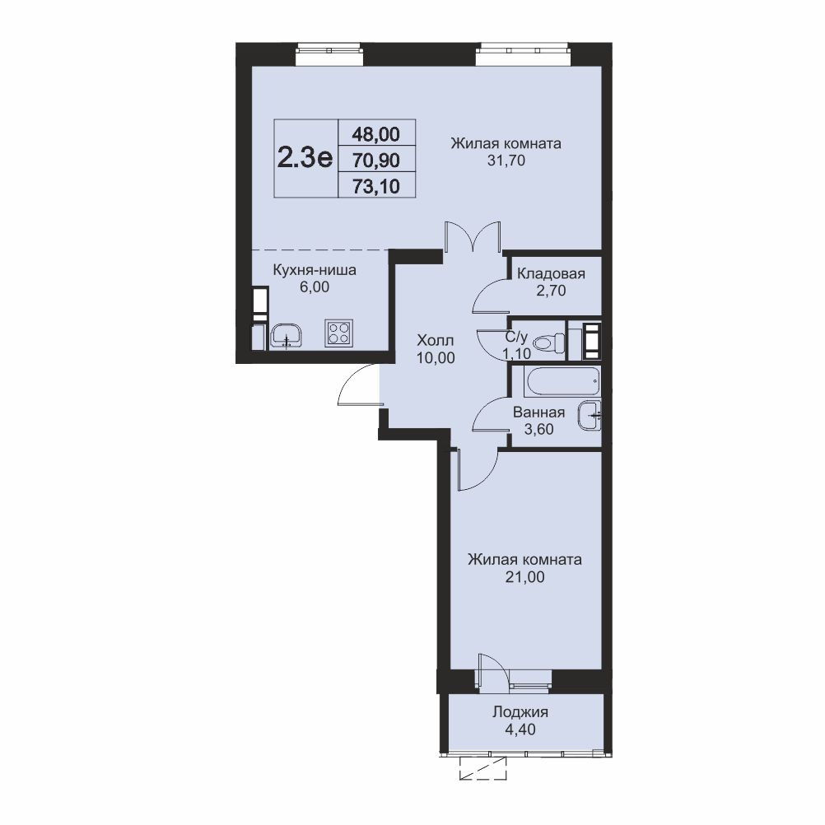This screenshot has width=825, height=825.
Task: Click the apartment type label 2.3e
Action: click(305, 157)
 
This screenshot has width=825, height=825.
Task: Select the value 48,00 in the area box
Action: click(375, 135)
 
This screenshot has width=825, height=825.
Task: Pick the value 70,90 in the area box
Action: click(376, 160)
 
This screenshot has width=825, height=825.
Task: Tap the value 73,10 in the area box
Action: click(376, 186)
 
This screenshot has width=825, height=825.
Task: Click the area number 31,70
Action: click(506, 161)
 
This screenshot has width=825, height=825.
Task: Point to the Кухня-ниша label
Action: click(315, 270)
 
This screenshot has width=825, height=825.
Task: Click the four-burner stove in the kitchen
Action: click(339, 333)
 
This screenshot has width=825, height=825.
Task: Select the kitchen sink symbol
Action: click(287, 336)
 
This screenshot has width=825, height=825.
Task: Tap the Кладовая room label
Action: click(551, 273)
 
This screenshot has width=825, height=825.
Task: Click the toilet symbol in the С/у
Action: click(548, 343)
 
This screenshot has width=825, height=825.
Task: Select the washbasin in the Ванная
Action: click(590, 416)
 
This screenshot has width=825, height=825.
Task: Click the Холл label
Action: click(435, 340)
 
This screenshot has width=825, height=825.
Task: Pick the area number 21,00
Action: click(525, 577)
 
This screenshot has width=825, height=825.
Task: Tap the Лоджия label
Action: click(520, 713)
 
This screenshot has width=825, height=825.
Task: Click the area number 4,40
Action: click(520, 729)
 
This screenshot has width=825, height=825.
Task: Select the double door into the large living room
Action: click(472, 237)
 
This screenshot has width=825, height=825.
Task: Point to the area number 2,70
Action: click(551, 291)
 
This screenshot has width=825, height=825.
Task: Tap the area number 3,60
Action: click(539, 429)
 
